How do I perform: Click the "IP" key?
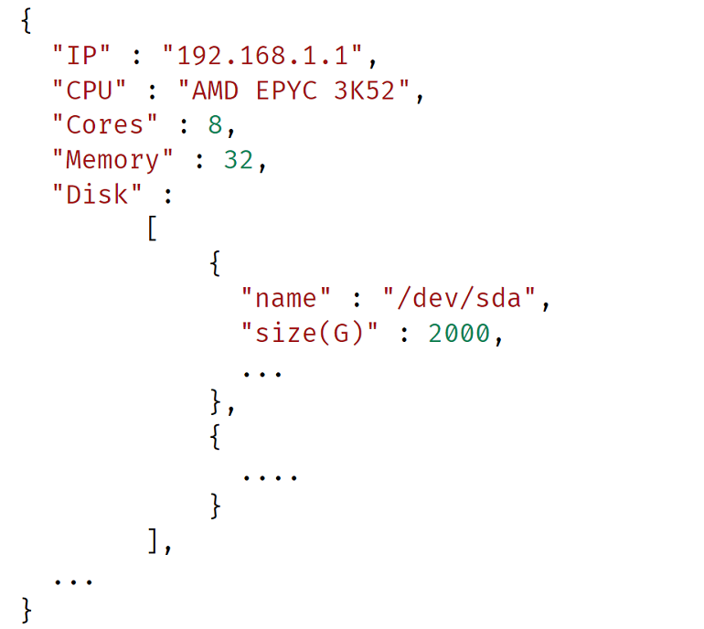pyautogui.click(x=81, y=55)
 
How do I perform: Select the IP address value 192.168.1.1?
pyautogui.click(x=262, y=55)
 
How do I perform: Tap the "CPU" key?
pyautogui.click(x=89, y=90)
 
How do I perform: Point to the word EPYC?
pyautogui.click(x=286, y=90)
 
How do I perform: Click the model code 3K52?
pyautogui.click(x=364, y=90)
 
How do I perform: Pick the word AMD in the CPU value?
pyautogui.click(x=215, y=90)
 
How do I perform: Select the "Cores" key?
pyautogui.click(x=104, y=124)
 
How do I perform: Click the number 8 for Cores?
pyautogui.click(x=215, y=124)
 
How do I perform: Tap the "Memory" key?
pyautogui.click(x=112, y=160)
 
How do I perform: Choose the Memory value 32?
pyautogui.click(x=239, y=159)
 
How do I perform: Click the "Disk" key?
pyautogui.click(x=97, y=194)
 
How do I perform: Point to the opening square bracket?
pyautogui.click(x=153, y=228)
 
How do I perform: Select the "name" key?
pyautogui.click(x=285, y=298)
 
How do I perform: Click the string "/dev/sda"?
pyautogui.click(x=459, y=298)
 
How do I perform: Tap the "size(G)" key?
pyautogui.click(x=309, y=333)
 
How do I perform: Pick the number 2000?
pyautogui.click(x=459, y=333)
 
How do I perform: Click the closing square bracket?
pyautogui.click(x=153, y=540)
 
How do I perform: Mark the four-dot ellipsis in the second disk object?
pyautogui.click(x=270, y=478)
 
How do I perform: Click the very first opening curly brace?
pyautogui.click(x=27, y=21)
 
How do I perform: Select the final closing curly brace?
pyautogui.click(x=27, y=610)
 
